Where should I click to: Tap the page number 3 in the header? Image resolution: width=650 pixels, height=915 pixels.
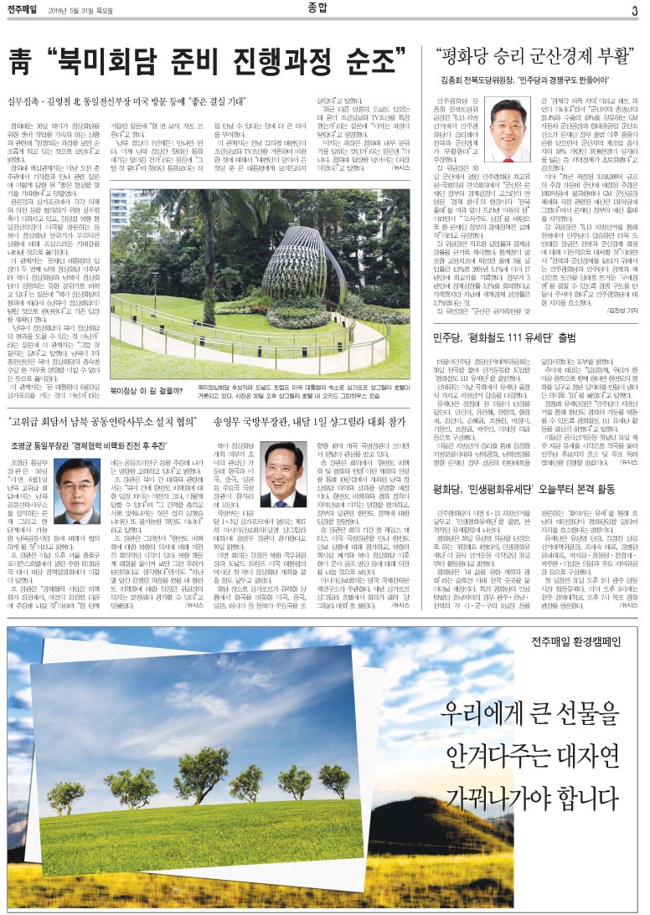(635, 11)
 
